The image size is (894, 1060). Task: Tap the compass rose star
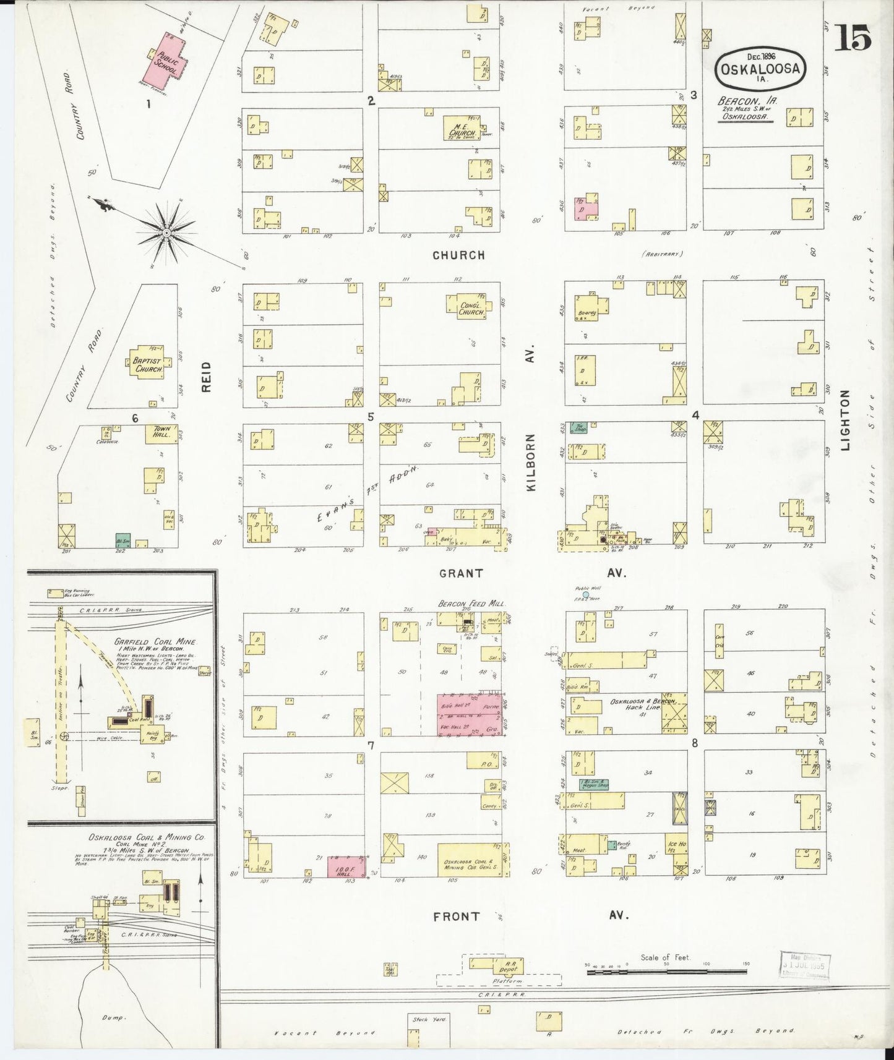tap(166, 233)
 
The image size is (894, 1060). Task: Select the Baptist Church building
tap(147, 362)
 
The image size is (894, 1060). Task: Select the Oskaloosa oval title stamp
tap(761, 69)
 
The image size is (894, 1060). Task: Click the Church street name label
tap(458, 255)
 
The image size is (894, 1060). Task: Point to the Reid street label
tap(206, 376)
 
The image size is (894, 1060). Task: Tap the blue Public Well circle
tap(585, 594)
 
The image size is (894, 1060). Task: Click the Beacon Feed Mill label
tap(472, 603)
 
